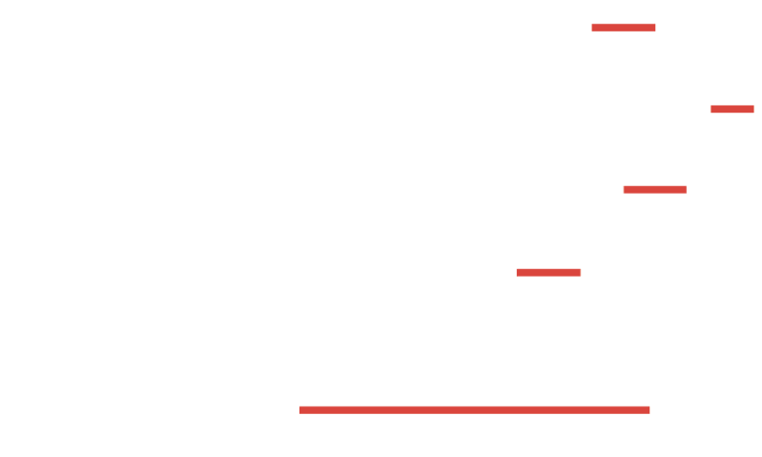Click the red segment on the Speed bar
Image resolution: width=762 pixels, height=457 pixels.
pyautogui.click(x=623, y=27)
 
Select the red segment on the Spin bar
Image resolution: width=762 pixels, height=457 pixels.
pyautogui.click(x=732, y=109)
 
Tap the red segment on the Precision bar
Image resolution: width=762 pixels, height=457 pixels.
pyautogui.click(x=655, y=190)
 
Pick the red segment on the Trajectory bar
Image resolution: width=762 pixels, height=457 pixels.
pyautogui.click(x=548, y=273)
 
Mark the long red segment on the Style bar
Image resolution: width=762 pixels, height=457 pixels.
pyautogui.click(x=474, y=410)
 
